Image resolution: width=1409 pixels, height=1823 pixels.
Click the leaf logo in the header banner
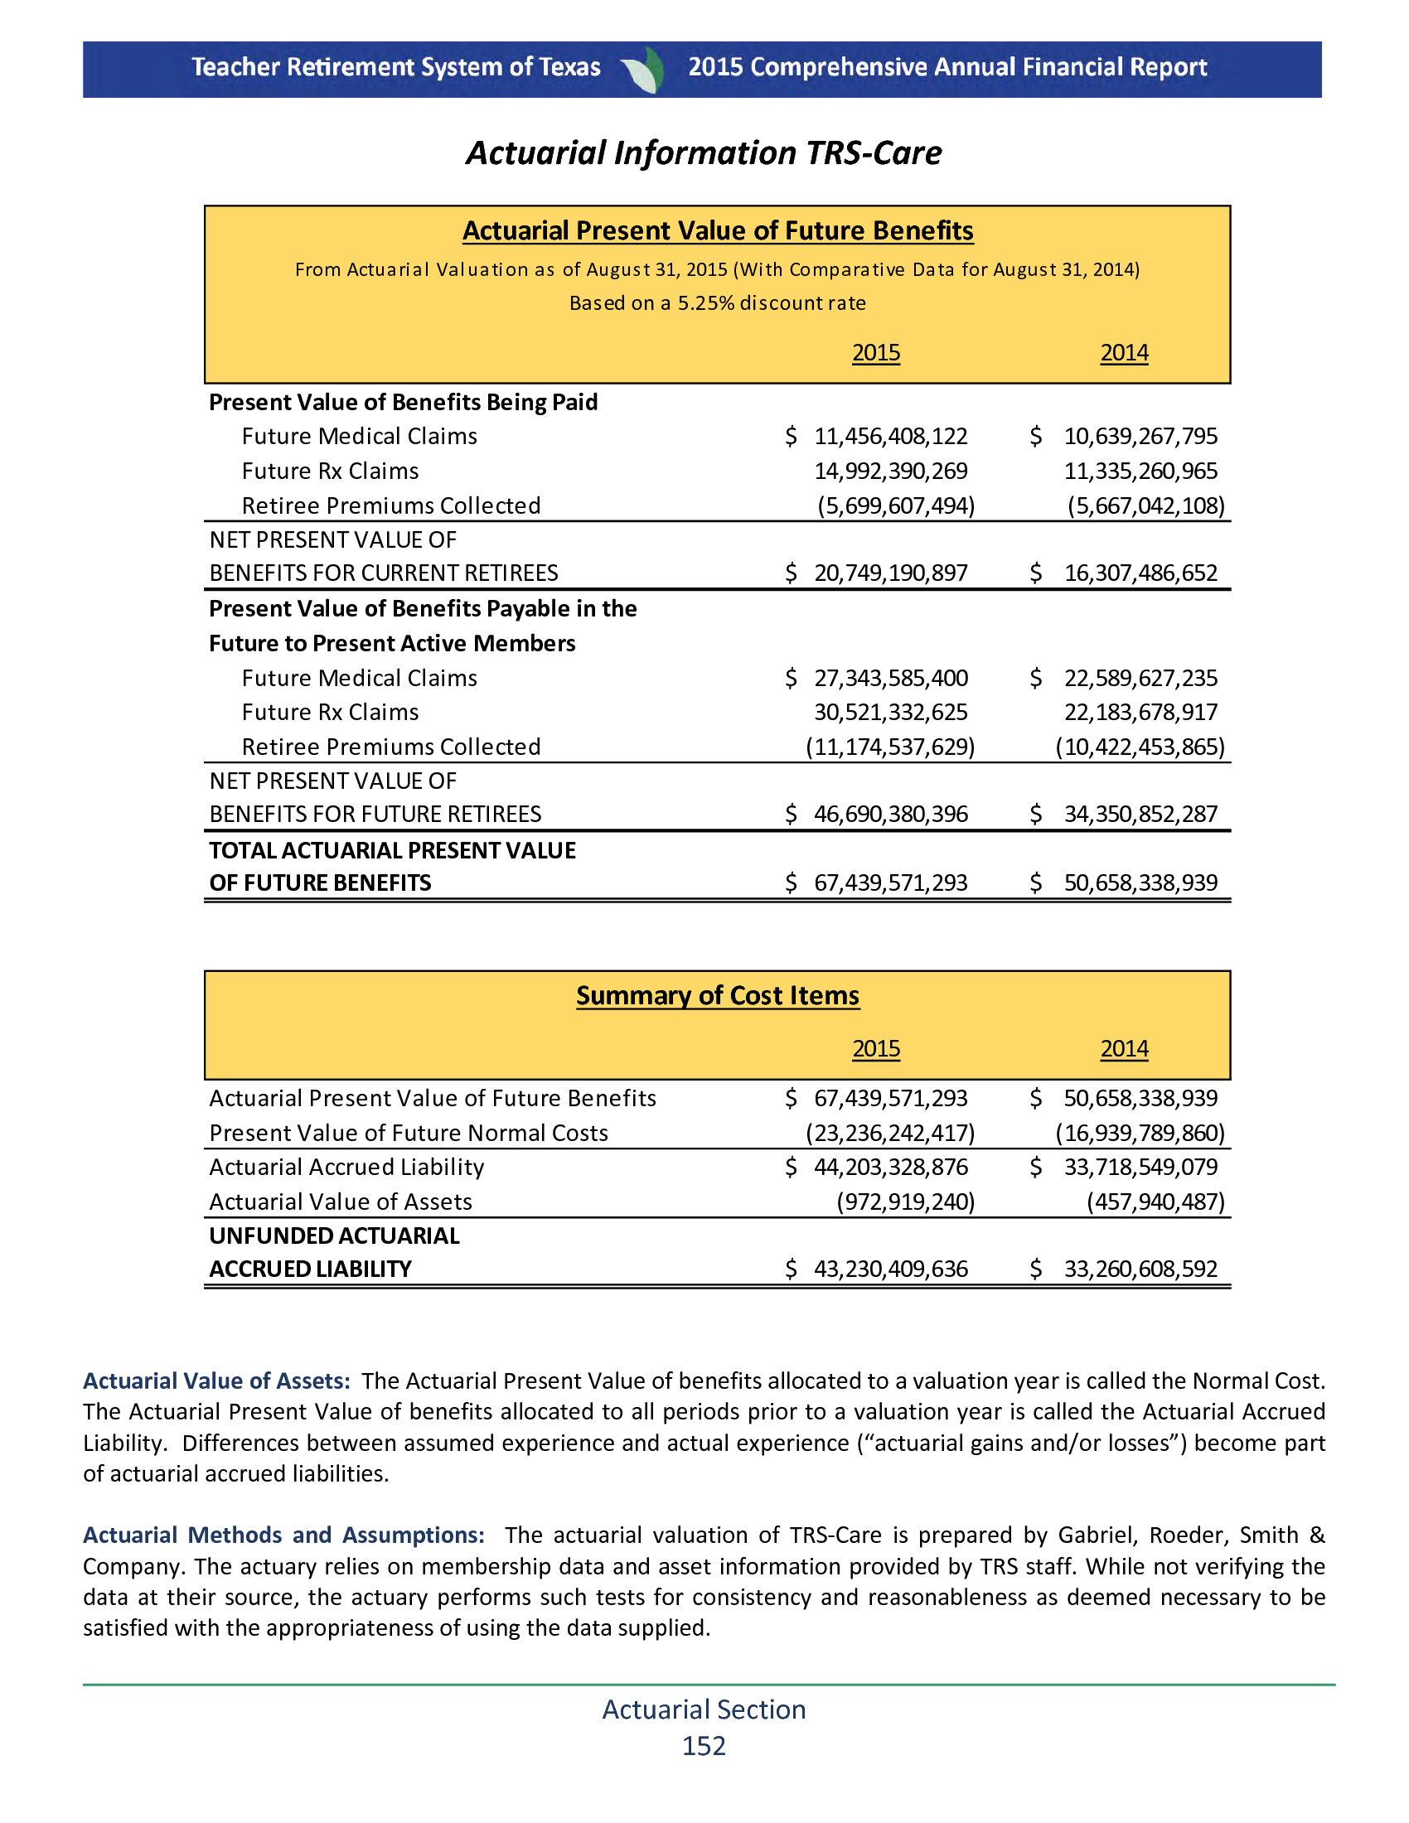(644, 70)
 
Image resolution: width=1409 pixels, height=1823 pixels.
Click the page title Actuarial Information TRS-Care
(704, 153)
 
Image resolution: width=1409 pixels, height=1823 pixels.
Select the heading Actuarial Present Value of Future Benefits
(718, 230)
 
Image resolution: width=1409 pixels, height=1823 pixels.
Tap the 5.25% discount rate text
(718, 303)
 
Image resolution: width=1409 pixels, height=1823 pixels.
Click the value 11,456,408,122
(891, 437)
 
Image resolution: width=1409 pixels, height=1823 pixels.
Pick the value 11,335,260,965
(1140, 471)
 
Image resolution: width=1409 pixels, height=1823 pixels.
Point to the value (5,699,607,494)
(896, 505)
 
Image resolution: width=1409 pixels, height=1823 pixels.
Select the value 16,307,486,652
(1140, 573)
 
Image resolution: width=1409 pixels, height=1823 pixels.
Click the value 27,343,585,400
(891, 679)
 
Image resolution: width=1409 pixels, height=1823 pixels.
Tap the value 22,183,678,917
(1140, 713)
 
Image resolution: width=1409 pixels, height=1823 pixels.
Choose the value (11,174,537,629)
(890, 747)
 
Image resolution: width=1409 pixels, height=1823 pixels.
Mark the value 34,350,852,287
(1140, 815)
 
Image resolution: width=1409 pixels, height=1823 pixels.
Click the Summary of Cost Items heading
(718, 996)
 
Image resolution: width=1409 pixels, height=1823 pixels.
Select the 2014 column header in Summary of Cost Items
(1124, 1049)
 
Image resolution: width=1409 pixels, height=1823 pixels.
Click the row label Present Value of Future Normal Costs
(408, 1134)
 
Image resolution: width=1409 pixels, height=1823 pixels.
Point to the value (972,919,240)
(906, 1202)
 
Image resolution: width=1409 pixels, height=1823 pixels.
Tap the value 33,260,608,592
(1140, 1269)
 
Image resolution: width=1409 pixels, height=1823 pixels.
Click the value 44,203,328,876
(891, 1168)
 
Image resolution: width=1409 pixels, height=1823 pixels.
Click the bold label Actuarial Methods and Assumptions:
(283, 1535)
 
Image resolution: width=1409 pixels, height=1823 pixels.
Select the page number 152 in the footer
(704, 1746)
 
